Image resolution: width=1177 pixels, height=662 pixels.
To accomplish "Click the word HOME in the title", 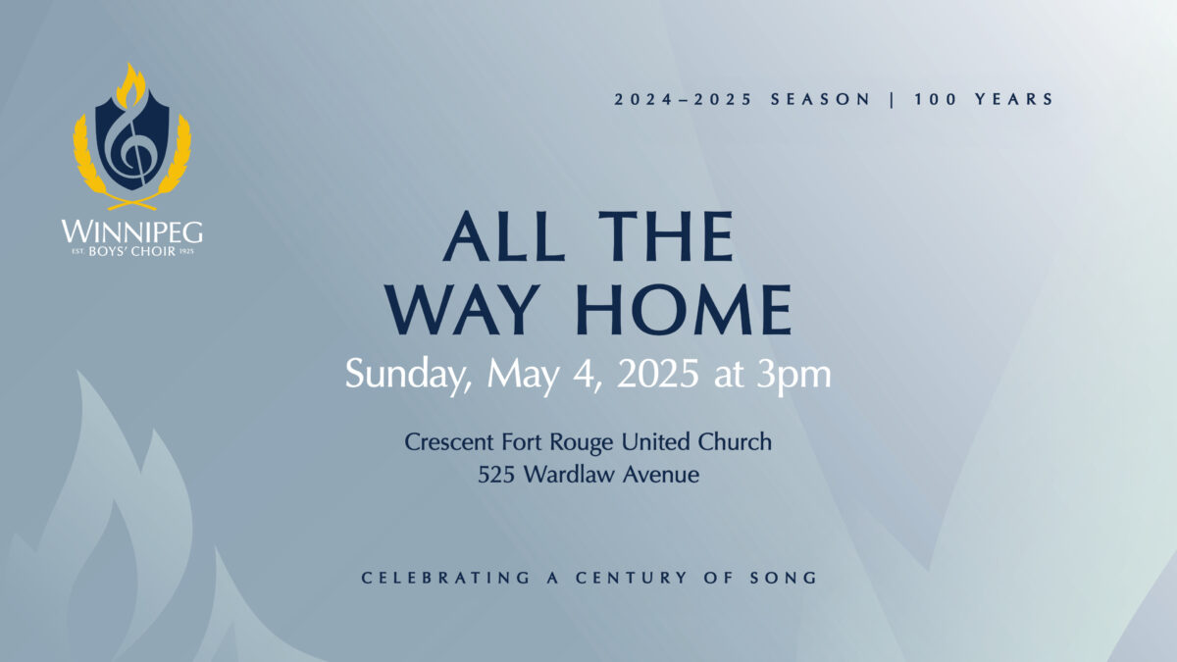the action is click(x=684, y=310).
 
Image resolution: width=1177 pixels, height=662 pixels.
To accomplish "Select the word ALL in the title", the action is click(x=504, y=236).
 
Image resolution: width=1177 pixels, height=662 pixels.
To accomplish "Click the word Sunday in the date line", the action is click(x=408, y=375).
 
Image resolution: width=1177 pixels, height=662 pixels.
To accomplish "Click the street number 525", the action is click(x=496, y=475).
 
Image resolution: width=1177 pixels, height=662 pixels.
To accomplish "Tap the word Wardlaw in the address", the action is click(x=569, y=474).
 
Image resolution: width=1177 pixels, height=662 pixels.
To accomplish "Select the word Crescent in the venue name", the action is click(x=449, y=442).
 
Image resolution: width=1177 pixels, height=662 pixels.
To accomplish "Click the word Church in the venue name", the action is click(x=735, y=442).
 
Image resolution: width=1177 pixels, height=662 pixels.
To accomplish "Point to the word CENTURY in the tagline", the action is click(x=631, y=578).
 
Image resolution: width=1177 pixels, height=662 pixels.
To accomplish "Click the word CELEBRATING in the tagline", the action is click(x=445, y=578).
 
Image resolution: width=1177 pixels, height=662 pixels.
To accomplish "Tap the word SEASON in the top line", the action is click(x=820, y=99).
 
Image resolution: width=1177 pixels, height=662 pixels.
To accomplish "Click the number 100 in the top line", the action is click(x=936, y=99).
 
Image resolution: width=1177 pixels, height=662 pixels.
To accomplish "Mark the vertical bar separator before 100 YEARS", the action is click(x=893, y=99).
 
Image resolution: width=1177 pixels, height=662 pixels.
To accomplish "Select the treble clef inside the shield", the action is click(x=128, y=144).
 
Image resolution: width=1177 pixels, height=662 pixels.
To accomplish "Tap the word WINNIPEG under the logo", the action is click(x=131, y=231).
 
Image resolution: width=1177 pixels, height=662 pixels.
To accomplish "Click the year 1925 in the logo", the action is click(x=186, y=252).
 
